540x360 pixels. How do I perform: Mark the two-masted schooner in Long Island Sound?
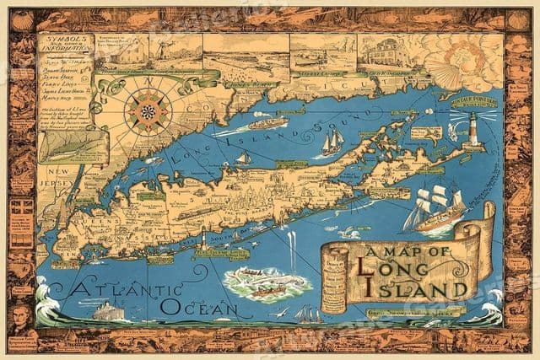point(332,141)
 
